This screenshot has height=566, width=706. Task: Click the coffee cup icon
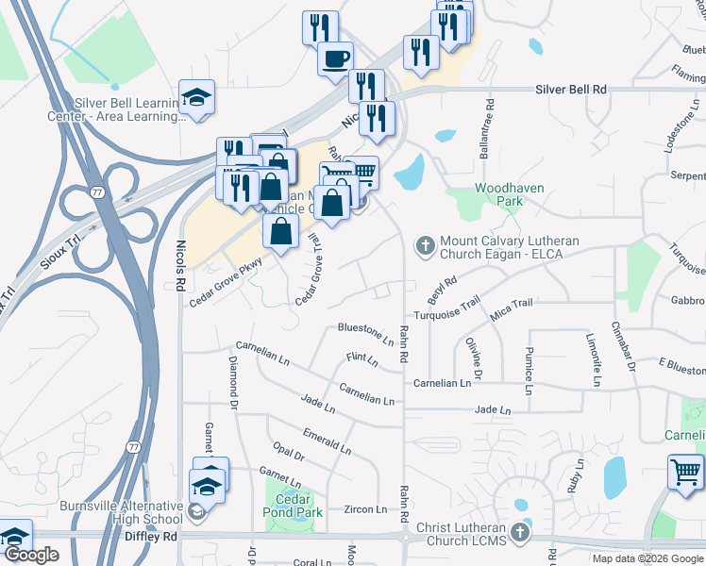coord(335,59)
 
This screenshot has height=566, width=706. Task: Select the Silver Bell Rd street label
coord(570,89)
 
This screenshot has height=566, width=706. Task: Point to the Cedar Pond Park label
coord(294,506)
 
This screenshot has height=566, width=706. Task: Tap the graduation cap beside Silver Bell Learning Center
coord(197,97)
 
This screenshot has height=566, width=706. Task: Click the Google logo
coord(31,556)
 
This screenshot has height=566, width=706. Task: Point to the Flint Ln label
coord(361,360)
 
